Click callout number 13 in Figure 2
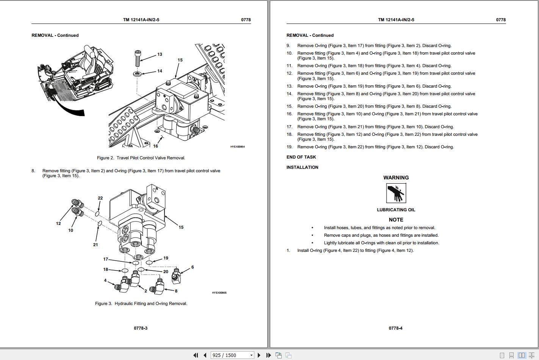click(x=160, y=54)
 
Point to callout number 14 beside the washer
click(x=160, y=71)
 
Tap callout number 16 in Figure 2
click(x=155, y=146)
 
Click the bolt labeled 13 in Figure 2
click(x=138, y=58)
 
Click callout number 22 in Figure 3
click(x=100, y=198)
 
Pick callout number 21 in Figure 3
click(x=96, y=245)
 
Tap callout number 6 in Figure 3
click(x=193, y=267)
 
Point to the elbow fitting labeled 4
click(x=122, y=285)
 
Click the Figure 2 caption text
click(x=141, y=158)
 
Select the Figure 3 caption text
click(x=141, y=303)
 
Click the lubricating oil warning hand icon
click(x=396, y=193)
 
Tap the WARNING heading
click(x=396, y=178)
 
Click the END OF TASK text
click(x=301, y=157)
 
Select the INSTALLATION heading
click(x=302, y=167)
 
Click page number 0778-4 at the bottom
click(x=395, y=328)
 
